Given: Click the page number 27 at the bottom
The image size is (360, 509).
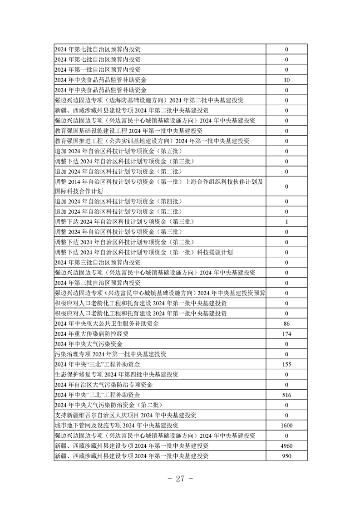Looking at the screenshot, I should click(x=180, y=479).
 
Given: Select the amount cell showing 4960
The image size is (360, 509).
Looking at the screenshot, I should click(x=286, y=445).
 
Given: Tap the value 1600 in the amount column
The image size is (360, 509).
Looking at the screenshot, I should click(x=286, y=425).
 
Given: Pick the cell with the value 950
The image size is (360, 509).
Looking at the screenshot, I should click(x=286, y=455).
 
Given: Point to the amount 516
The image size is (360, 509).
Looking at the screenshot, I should click(x=286, y=395).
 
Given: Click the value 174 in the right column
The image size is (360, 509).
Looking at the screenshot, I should click(x=286, y=334).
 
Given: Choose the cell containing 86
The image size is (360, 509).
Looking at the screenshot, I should click(x=286, y=323).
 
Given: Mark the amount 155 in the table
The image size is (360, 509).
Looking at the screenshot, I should click(x=286, y=364).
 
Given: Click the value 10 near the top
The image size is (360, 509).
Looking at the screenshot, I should click(x=286, y=80).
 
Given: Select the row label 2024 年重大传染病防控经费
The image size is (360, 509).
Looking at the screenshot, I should click(x=91, y=334).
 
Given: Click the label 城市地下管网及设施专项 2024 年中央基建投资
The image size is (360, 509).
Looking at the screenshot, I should click(x=116, y=425).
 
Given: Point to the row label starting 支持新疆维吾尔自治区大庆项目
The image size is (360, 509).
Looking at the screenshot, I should click(x=125, y=415).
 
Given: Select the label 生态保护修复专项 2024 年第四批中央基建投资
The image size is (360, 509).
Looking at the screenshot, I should click(x=116, y=374).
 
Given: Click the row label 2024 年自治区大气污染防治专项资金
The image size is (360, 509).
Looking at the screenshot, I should click(x=104, y=385).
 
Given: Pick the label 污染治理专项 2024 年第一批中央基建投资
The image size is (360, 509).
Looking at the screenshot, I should click(x=110, y=354).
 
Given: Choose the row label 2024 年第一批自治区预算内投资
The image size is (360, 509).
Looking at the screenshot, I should click(x=98, y=69).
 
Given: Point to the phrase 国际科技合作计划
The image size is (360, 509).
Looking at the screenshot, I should click(x=79, y=191).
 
